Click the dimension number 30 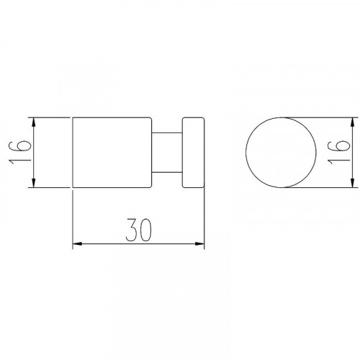click(139, 230)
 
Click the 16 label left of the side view click(20, 152)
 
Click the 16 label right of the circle click(339, 152)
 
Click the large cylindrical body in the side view click(112, 152)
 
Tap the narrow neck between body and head click(167, 152)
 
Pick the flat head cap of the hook click(193, 152)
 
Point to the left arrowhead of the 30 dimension click(77, 244)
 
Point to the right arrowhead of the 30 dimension click(199, 244)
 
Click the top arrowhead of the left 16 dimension click(34, 122)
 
